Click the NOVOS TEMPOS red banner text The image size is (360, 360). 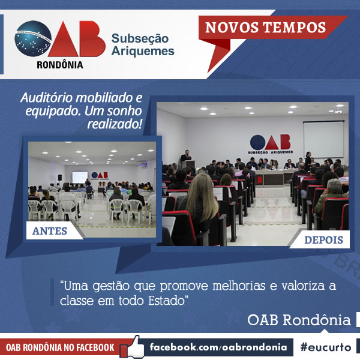point(265,28)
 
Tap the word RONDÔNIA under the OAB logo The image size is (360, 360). point(60,65)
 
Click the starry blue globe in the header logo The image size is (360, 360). point(33,38)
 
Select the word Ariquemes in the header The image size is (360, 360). point(143,51)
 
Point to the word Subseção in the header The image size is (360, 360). point(140,38)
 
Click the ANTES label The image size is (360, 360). point(50,231)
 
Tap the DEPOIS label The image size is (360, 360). point(323,240)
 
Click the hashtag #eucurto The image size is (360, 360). point(326,347)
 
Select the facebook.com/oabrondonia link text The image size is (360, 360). point(218,347)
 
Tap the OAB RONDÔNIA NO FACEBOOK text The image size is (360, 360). point(60,347)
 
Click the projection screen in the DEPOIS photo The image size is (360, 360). point(323,139)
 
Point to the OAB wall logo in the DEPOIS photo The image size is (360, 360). point(270,144)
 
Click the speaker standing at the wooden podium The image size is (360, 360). point(186,157)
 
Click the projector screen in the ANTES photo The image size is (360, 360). point(80,177)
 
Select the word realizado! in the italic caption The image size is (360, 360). point(115,124)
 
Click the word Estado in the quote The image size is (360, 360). point(167,301)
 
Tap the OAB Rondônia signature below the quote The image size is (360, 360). point(299,320)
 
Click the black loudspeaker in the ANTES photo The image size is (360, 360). point(59,178)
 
